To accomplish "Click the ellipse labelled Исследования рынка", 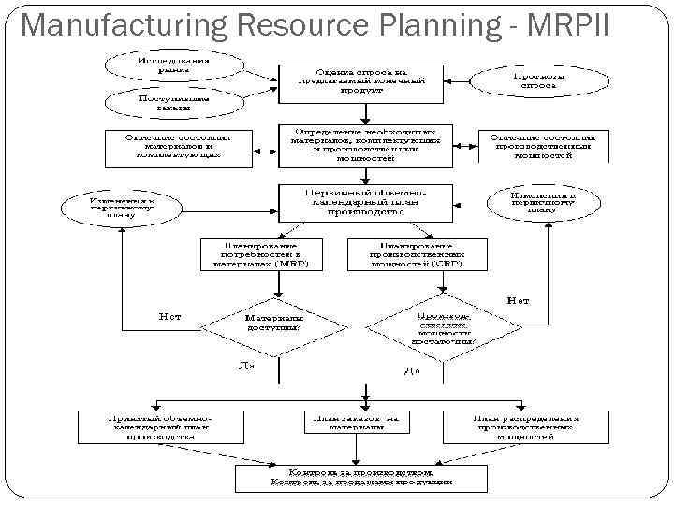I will point(173,62).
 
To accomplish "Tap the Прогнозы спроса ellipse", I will point(533,79).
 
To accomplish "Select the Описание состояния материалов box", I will point(177,149).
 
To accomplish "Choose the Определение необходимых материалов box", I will point(365,144).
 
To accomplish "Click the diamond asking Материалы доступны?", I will point(272,324).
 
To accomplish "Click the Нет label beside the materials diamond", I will point(168,316).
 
